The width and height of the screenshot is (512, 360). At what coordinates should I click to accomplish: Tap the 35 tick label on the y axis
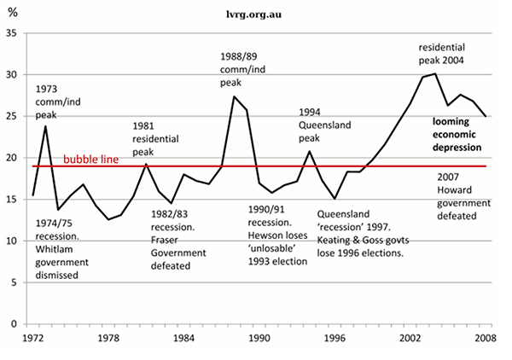point(11,32)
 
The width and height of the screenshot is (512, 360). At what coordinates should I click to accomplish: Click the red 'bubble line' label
point(90,160)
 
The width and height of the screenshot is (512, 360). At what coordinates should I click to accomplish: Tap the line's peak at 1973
point(44,126)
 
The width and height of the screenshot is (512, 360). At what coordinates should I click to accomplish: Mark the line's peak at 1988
point(234,96)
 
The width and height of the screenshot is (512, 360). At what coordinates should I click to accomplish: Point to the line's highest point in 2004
point(436,73)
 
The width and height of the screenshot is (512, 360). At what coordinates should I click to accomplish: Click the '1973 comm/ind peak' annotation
point(57,103)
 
